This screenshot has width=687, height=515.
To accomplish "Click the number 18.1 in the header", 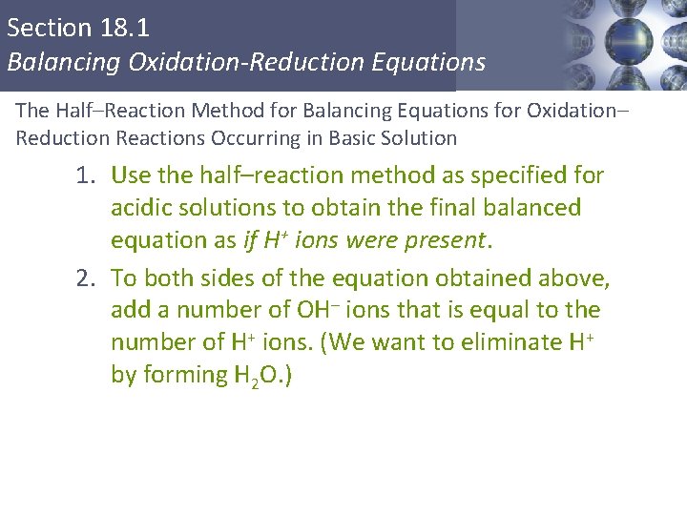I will [125, 27].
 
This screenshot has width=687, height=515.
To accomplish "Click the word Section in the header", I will [50, 27].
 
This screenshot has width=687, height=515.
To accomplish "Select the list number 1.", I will [87, 175].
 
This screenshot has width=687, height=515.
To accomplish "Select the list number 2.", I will [87, 278].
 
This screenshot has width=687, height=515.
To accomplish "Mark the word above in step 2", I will [576, 278].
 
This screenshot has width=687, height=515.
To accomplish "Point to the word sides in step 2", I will [240, 278].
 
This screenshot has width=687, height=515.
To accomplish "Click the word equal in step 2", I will [520, 311].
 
